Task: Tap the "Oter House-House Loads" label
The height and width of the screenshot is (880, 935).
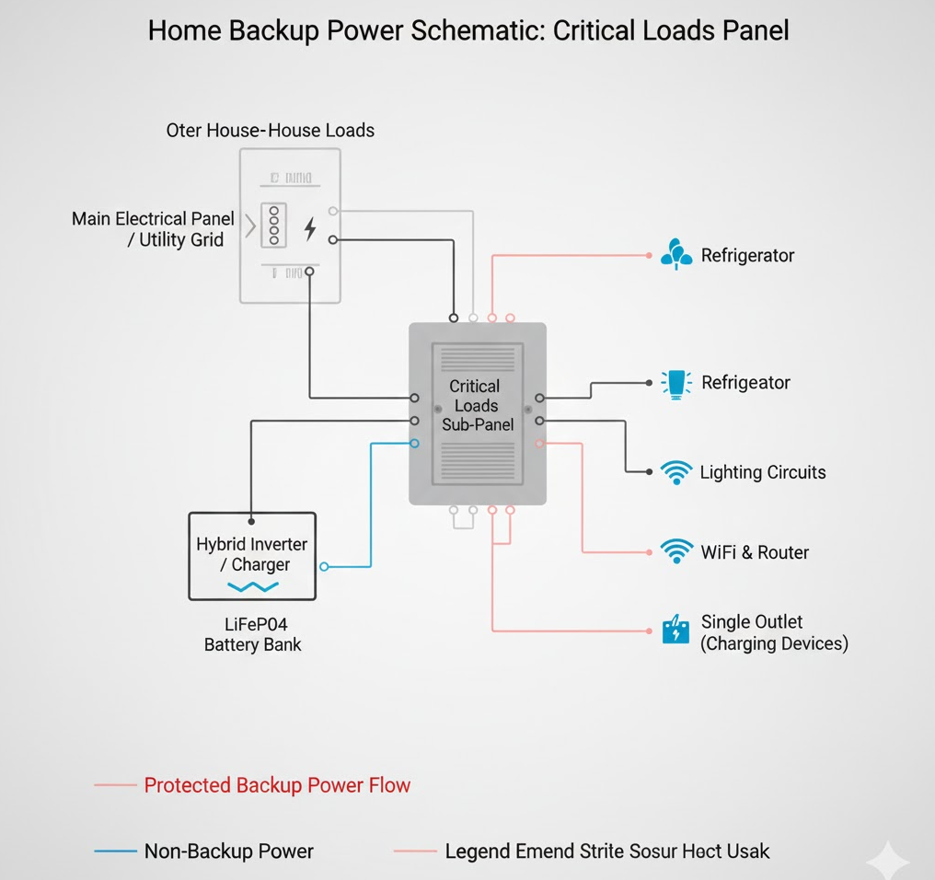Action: (270, 130)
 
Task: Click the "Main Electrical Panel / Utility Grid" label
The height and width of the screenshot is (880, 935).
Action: (153, 229)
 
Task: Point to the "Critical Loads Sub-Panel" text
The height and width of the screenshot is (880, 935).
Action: (477, 405)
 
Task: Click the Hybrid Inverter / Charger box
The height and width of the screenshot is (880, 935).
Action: (252, 556)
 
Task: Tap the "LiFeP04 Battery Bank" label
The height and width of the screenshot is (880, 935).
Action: (252, 633)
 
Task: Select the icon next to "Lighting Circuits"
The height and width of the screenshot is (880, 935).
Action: (676, 472)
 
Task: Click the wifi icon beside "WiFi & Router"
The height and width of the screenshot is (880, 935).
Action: (676, 551)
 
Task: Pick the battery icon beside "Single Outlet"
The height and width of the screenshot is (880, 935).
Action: (675, 631)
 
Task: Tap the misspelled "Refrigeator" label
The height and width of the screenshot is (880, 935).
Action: (745, 382)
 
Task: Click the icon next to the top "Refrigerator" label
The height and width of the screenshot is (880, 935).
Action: (676, 254)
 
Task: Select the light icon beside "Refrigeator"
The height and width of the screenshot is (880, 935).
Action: (676, 383)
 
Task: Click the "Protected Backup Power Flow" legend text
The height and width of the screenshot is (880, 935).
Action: (277, 785)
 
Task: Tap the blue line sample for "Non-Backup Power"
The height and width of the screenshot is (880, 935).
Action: (115, 851)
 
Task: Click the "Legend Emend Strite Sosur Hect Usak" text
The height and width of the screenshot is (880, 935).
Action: (606, 851)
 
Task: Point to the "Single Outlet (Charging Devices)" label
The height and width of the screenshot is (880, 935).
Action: (773, 632)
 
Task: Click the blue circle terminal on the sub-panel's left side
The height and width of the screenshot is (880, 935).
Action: (414, 444)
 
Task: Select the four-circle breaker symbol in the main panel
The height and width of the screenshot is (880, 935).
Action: (273, 226)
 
